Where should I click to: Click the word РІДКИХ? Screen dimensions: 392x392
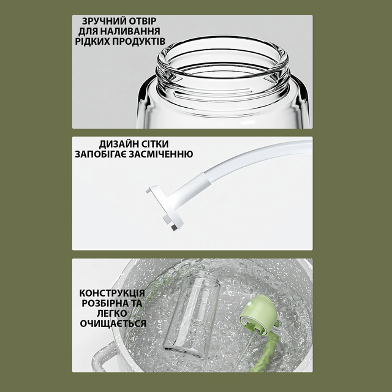92,42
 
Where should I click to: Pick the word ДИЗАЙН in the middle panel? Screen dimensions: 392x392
117,144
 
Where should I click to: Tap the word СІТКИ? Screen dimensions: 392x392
153,144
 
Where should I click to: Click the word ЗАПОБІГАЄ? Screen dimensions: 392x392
100,154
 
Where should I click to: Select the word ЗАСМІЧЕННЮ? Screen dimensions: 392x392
160,154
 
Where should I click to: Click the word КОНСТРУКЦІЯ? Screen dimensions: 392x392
112,293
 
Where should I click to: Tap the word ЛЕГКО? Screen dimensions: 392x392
112,314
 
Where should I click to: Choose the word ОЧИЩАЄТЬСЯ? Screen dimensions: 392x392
113,324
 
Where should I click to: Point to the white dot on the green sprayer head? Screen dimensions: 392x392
249,304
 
